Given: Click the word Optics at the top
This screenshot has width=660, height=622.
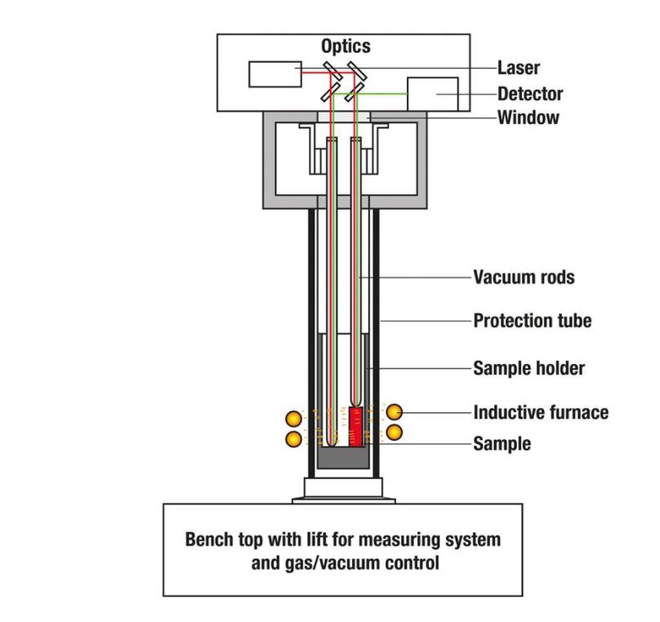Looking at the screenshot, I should pos(345,47).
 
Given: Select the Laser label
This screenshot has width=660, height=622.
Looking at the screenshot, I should pos(519,69).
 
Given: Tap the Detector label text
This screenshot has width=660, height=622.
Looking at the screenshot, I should pos(530,94).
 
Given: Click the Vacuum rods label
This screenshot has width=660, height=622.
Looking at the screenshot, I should pos(524,278).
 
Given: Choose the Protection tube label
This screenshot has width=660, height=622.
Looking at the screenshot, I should pos(532,321).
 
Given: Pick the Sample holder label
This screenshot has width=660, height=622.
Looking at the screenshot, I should pos(528,369).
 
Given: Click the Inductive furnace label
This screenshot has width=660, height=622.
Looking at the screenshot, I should pos(541,412).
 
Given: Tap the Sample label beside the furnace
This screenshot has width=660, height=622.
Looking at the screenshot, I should pos(502,444).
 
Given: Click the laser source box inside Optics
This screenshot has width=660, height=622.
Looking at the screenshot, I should pos(275,73).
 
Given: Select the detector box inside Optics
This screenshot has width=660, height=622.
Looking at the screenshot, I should pos(432,95).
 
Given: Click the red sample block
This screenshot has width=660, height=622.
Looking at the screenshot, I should pos(355,427).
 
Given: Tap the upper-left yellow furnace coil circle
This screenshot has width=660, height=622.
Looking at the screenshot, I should pos(293,420).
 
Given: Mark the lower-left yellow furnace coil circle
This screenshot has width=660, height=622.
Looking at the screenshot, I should pos(293,439).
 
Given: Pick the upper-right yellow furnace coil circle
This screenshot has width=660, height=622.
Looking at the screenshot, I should pos(395,411).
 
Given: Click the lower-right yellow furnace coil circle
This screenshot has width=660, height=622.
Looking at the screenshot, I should pos(395,432).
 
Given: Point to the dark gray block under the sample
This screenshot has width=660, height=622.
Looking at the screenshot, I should pos(342,460).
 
